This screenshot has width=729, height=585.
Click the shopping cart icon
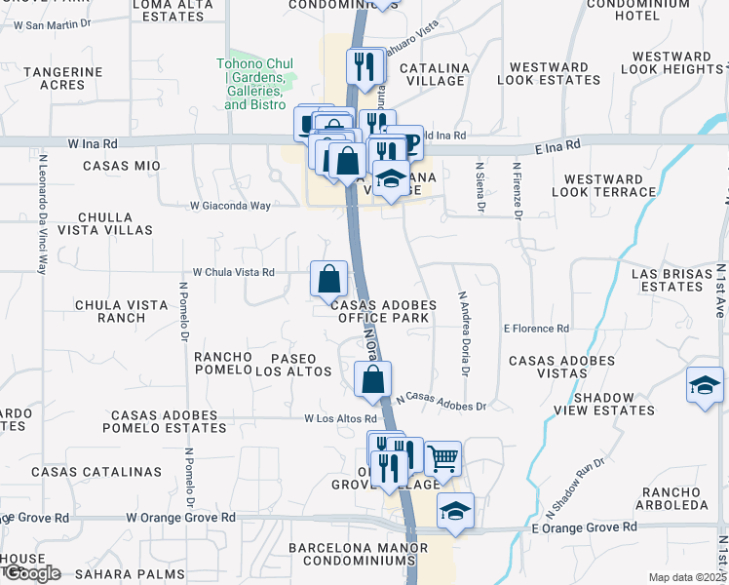click(x=442, y=457)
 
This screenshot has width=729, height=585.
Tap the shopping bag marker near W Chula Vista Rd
click(x=329, y=278)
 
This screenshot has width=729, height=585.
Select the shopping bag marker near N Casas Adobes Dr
click(x=372, y=379)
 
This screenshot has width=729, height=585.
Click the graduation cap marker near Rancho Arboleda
click(x=454, y=511)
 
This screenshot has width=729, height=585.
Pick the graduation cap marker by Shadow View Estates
click(x=705, y=385)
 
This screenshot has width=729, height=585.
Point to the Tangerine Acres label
click(x=62, y=78)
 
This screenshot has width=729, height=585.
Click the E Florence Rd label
click(x=536, y=330)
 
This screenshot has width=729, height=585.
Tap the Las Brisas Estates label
click(x=672, y=281)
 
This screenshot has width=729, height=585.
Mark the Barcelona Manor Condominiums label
click(x=353, y=554)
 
